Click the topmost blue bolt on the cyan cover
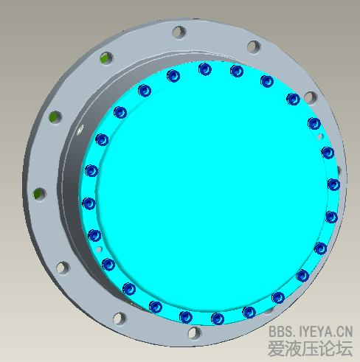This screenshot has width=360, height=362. click(205, 69)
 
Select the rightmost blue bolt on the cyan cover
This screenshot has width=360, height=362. click(333, 184)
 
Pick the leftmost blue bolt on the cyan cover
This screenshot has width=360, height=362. click(89, 203)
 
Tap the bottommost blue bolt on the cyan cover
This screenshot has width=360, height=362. click(218, 319)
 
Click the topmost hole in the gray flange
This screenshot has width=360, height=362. click(179, 32)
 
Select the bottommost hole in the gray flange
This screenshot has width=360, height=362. click(194, 334)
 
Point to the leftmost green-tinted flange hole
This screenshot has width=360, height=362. click(39, 194)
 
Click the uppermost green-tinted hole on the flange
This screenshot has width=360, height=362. click(105, 57)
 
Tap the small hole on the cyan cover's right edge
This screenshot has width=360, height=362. click(318, 136)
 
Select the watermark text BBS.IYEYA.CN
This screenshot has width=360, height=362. click(311, 331)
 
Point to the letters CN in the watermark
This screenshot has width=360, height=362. click(345, 331)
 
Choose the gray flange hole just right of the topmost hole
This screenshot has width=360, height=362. click(253, 46)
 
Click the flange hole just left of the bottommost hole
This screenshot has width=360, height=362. click(119, 320)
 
